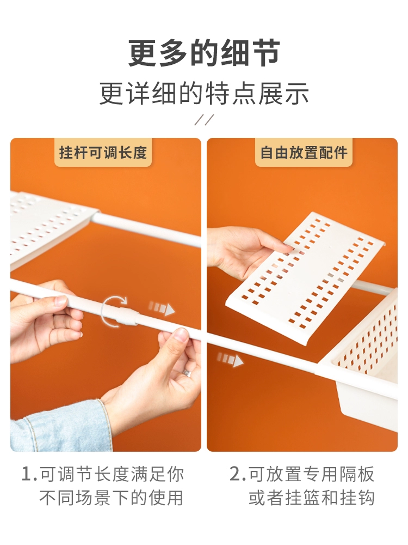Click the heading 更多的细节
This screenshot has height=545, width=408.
204,53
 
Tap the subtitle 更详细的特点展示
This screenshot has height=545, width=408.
204,93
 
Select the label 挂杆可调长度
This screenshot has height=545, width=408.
103,153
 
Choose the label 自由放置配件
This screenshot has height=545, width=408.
304,153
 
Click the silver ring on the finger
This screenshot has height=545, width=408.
186,373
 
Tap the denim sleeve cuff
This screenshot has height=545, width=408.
59,427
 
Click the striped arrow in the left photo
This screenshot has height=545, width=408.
162,308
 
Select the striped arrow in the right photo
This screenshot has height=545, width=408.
230,359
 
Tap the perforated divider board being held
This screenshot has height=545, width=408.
305,278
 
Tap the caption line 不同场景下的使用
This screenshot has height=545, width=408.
111,498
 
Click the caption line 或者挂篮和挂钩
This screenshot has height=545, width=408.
312,498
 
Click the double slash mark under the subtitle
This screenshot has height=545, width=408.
204,119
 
